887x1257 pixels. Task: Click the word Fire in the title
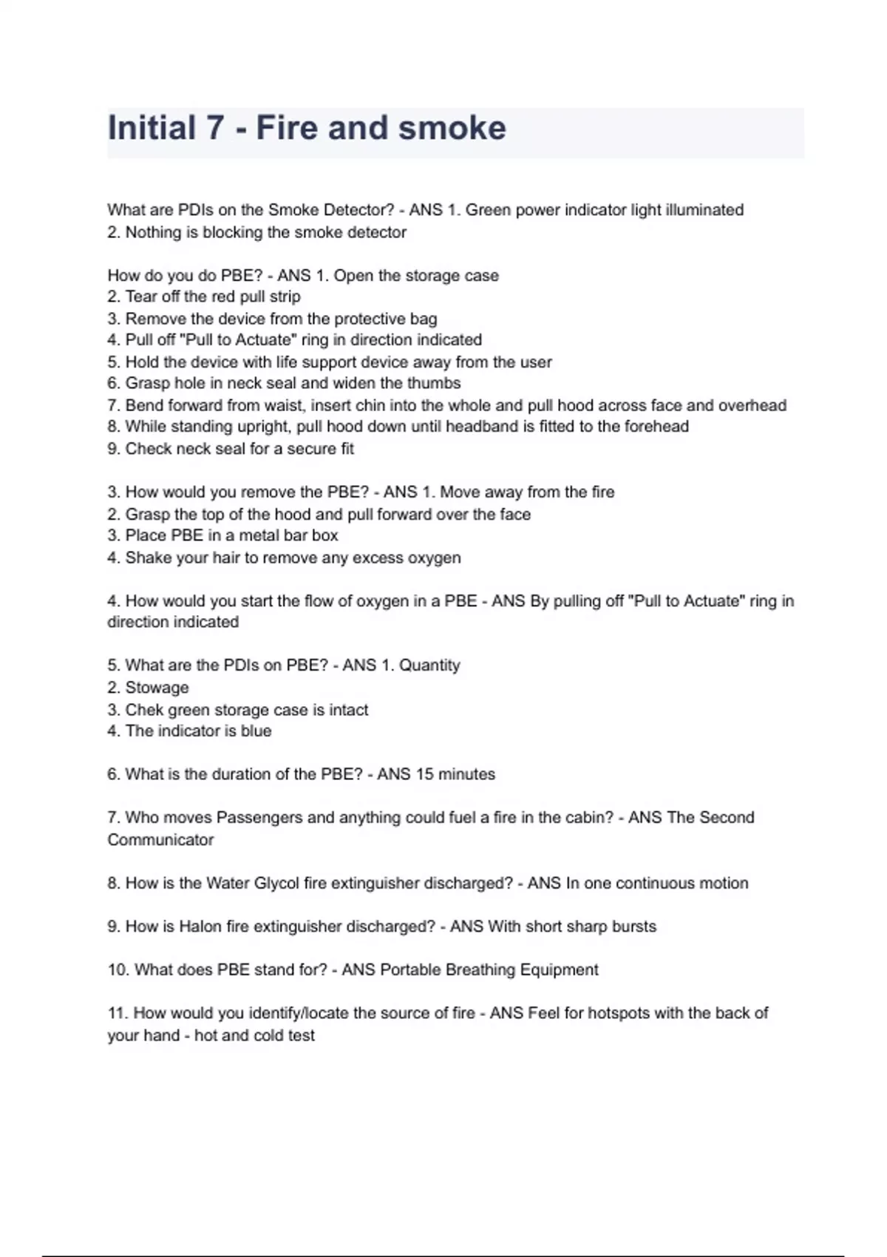287,128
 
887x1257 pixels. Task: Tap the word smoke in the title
452,128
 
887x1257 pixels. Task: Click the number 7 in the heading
214,128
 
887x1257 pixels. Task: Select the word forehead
656,427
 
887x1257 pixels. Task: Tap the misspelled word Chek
144,710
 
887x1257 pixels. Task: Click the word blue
256,731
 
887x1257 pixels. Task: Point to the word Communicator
160,840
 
